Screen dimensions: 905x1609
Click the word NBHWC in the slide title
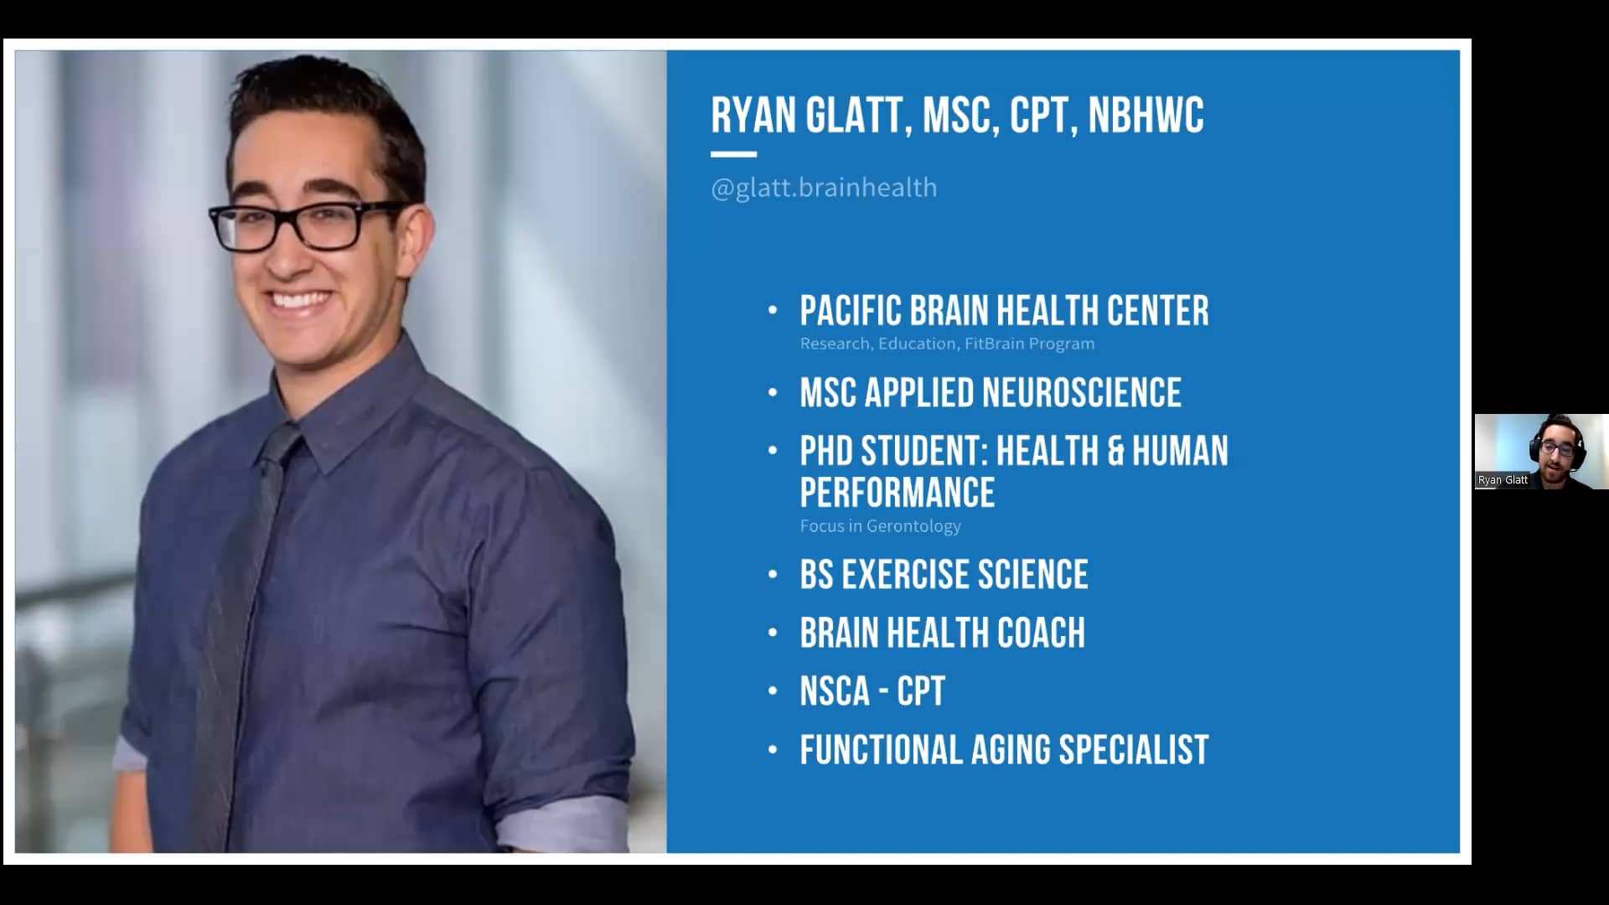coord(1146,115)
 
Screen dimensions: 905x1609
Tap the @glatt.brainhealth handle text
coord(824,188)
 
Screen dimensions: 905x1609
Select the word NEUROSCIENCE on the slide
coord(1081,393)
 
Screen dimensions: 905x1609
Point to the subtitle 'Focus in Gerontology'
coord(880,526)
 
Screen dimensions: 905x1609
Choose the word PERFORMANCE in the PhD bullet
coord(897,493)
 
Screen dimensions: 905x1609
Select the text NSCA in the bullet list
coord(835,692)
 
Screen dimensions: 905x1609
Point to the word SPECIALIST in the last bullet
coord(1133,750)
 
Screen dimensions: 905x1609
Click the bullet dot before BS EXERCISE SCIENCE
coord(773,576)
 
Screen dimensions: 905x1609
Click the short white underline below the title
coord(733,154)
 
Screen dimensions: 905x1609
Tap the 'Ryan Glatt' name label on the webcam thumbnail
coord(1503,480)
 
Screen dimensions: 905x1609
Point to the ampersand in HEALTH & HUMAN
coord(1115,452)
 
